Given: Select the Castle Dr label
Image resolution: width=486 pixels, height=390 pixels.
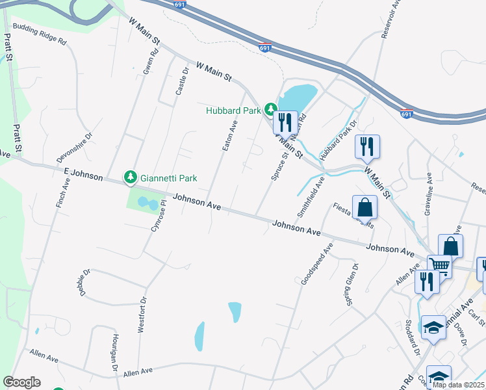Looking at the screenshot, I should coord(183,81).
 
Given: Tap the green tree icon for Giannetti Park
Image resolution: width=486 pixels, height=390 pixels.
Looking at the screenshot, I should coord(131,177).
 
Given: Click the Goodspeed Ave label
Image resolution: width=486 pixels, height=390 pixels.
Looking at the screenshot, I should coord(317,263).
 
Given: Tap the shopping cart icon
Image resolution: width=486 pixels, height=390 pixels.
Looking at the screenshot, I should coord(440,265).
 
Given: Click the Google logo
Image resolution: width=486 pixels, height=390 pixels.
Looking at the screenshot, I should coord(21,382).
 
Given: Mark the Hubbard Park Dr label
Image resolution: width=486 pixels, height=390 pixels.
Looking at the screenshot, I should coord(335,148).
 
